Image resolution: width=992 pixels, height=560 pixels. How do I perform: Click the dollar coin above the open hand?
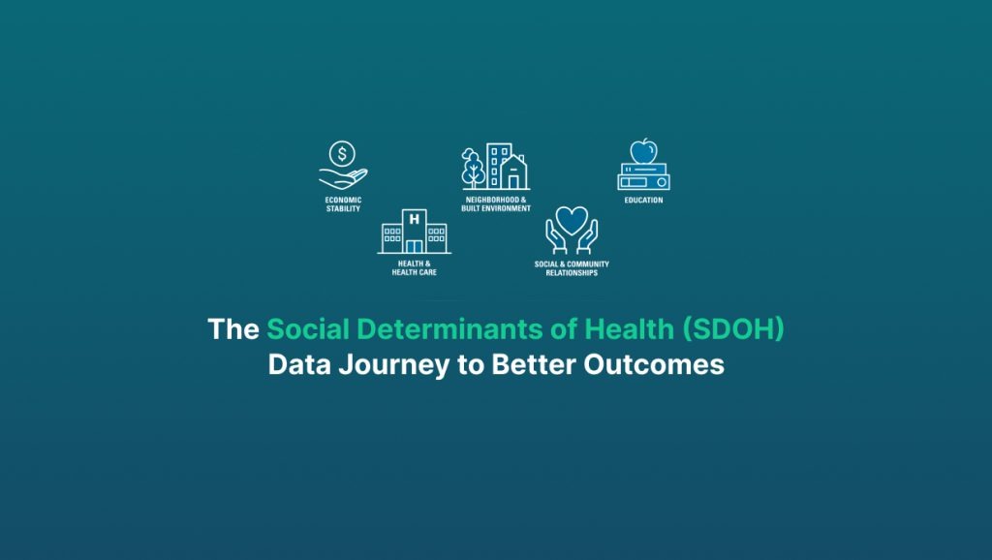pos(342,152)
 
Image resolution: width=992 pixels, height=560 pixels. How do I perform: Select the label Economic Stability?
pos(343,204)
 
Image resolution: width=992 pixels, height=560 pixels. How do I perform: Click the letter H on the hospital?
pos(415,219)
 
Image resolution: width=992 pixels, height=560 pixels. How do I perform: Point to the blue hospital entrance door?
pos(415,245)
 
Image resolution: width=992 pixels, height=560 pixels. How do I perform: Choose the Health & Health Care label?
pos(414,268)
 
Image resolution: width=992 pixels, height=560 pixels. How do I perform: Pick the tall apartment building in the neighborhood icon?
pos(499,165)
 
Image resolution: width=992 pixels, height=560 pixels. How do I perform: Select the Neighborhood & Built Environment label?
pos(496,204)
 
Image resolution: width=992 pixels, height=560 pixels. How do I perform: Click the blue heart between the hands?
pos(572,219)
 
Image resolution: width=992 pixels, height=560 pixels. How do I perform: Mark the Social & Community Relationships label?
pos(572,268)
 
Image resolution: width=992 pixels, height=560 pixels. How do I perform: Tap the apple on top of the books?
pos(643,151)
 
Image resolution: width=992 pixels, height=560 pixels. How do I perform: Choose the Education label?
pos(643,201)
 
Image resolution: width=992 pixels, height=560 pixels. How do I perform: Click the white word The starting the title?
pos(233,329)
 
